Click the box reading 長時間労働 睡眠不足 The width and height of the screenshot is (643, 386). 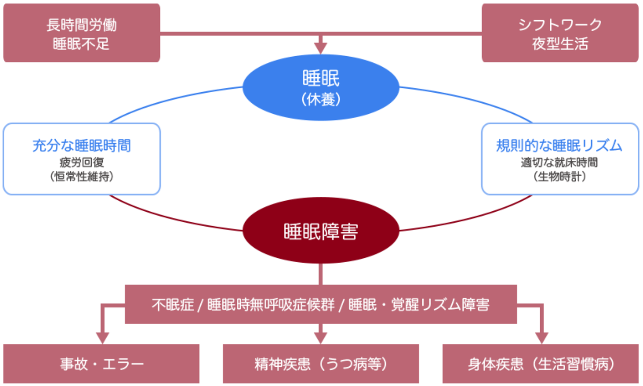point(81,34)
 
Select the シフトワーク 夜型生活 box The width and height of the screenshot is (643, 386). point(560,34)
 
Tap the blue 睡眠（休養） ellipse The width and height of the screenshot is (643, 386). point(321,87)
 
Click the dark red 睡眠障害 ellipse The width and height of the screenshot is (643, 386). point(321,233)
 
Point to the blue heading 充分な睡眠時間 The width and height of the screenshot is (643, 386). point(81,145)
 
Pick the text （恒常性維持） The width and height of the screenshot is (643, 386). point(81,177)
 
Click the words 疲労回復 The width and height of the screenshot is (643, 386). point(81,162)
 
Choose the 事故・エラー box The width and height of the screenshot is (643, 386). point(101,364)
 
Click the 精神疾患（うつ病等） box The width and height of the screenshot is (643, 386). point(321,364)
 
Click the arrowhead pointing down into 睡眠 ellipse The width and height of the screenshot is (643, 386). point(321,48)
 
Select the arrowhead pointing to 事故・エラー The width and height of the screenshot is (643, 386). point(101,338)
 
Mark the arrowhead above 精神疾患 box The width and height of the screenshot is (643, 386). point(321,338)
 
